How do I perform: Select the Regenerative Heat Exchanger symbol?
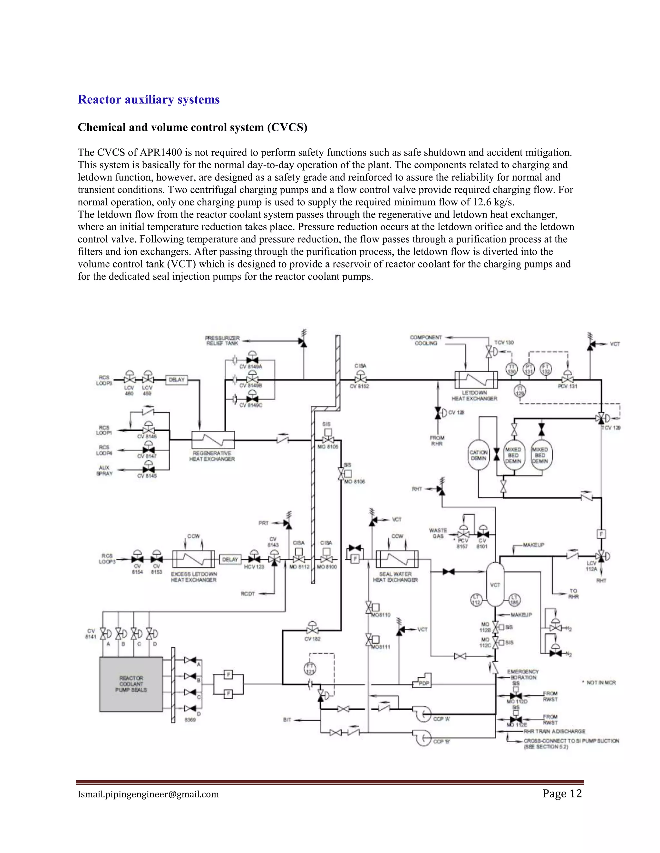click(x=213, y=440)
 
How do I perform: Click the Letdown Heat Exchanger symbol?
click(x=476, y=380)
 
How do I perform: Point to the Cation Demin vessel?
click(x=479, y=455)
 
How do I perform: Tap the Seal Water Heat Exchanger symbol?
click(x=397, y=559)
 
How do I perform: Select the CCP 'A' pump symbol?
click(x=422, y=714)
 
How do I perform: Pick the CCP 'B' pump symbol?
click(x=422, y=737)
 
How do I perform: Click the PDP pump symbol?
click(x=422, y=681)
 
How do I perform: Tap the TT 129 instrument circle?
click(x=520, y=390)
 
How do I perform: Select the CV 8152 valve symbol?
click(x=360, y=379)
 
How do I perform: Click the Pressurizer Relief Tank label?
click(x=222, y=340)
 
